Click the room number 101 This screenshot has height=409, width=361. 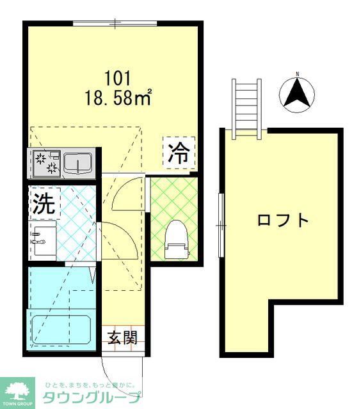(x=118, y=79)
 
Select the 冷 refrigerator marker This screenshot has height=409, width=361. (x=179, y=153)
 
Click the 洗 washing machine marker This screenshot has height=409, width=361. (x=44, y=203)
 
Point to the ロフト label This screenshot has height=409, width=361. (x=283, y=220)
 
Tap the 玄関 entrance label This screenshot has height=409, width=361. (x=122, y=337)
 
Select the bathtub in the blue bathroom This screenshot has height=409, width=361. (x=61, y=329)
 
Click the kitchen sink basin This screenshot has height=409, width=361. (x=78, y=165)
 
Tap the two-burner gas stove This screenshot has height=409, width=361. (x=45, y=164)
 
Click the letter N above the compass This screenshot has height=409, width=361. (x=297, y=74)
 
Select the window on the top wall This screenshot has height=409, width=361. (x=115, y=24)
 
